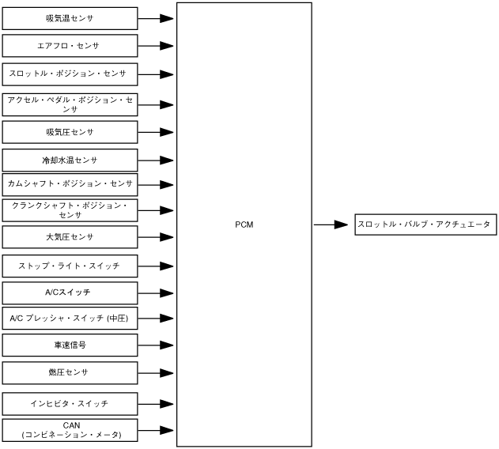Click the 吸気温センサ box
pos(70,17)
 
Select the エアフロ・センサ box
pos(70,46)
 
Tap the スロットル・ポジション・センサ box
pos(70,74)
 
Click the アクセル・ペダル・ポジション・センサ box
pos(70,104)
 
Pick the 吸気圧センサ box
pos(70,131)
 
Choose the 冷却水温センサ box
pos(70,160)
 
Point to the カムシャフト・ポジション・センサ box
pos(70,184)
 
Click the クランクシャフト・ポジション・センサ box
pos(70,209)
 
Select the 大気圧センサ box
pos(70,237)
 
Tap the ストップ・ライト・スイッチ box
pos(70,266)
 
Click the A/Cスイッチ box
pos(70,292)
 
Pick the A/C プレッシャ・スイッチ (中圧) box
pos(70,319)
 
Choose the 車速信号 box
pos(70,345)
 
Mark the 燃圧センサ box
pos(70,372)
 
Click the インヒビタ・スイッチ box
pos(70,403)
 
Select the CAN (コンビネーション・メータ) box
pos(70,430)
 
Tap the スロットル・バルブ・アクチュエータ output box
pos(424,224)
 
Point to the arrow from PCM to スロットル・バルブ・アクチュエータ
pos(331,224)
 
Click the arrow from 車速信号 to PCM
pos(156,345)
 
